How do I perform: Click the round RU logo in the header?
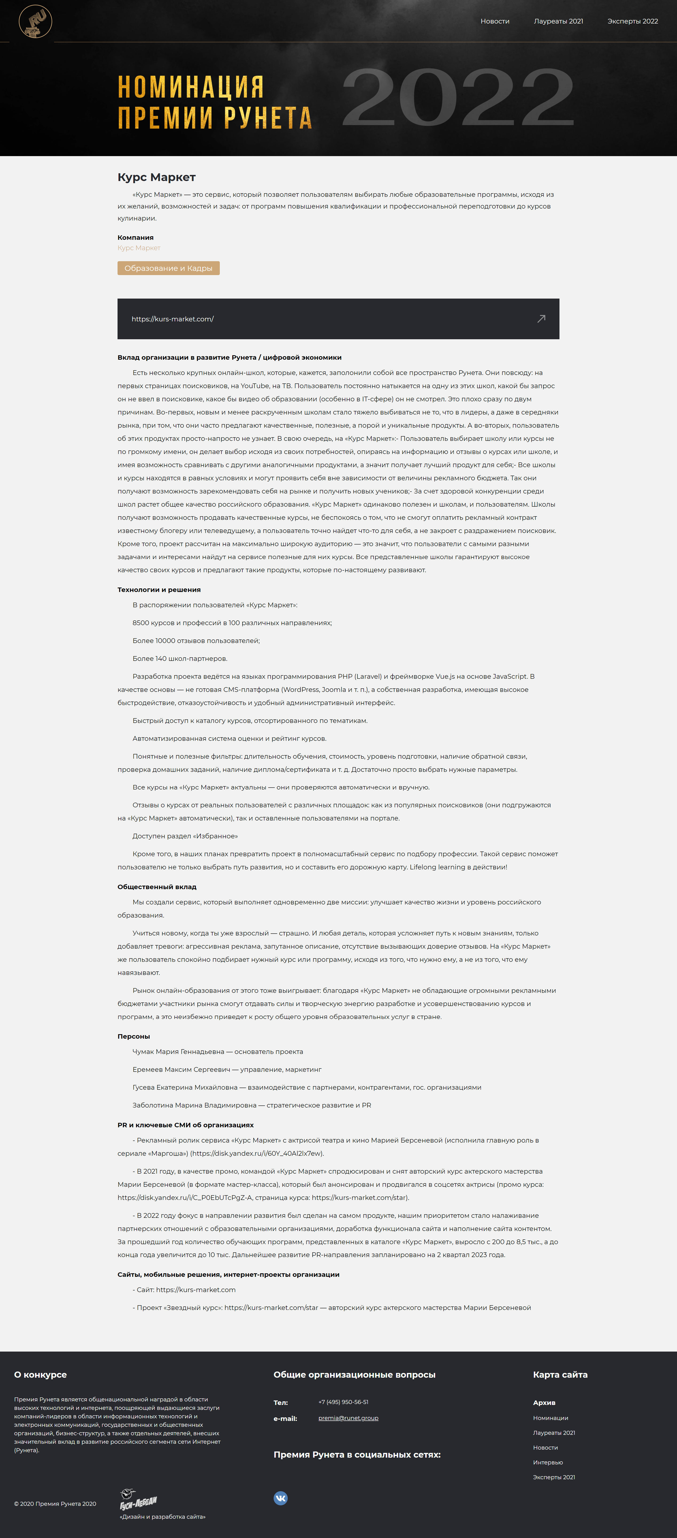35,21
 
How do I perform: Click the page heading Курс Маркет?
156,177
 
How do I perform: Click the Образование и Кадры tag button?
168,268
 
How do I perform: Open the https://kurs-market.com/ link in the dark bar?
173,319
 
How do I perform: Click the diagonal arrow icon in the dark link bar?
541,319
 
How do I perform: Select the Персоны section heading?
134,1037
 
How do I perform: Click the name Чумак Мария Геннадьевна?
178,1051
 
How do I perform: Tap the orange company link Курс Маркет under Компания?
138,248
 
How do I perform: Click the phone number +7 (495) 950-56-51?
343,1402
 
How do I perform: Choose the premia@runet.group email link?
348,1418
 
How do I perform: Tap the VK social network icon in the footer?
281,1498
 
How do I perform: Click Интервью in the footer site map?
547,1462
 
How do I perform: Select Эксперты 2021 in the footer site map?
553,1477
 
